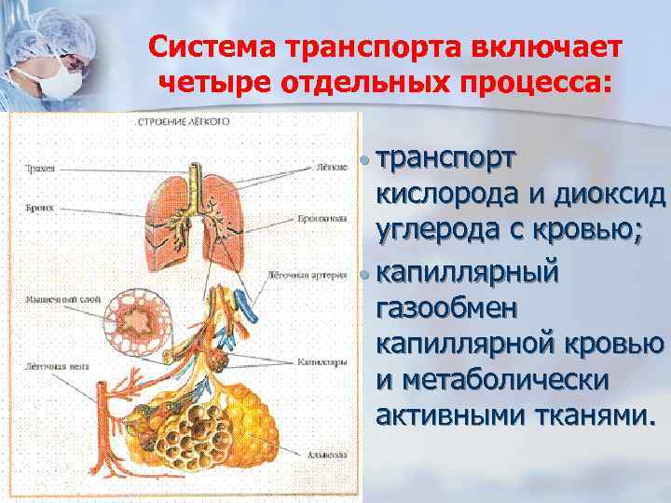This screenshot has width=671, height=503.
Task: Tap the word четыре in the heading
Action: tap(211, 84)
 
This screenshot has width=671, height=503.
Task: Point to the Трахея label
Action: tap(41, 169)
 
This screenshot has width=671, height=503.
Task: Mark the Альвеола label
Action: tap(325, 454)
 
